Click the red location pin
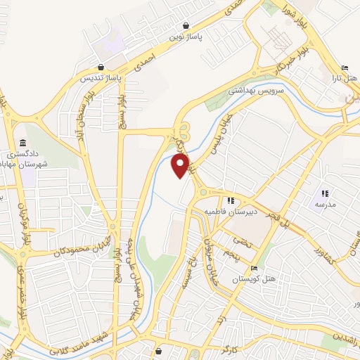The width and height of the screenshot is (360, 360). click(181, 165)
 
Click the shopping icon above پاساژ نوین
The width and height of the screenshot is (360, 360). click(185, 23)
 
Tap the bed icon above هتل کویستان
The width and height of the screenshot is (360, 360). click(253, 269)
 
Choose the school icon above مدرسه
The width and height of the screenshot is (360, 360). click(324, 193)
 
